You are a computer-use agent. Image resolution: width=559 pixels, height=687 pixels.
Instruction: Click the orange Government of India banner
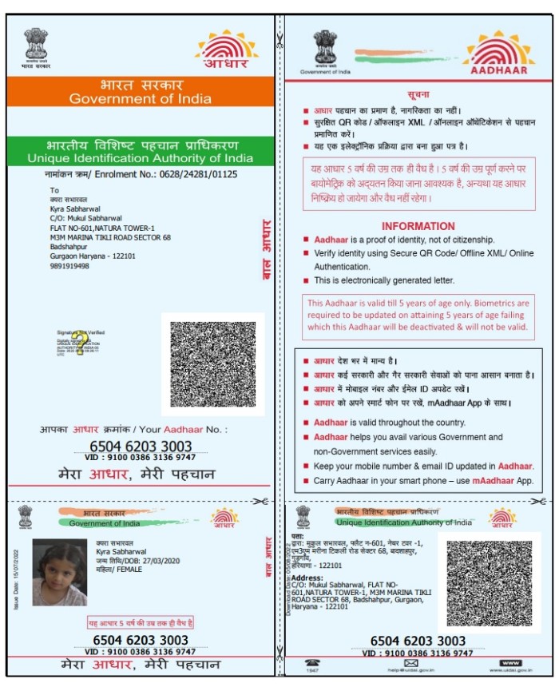tap(141, 91)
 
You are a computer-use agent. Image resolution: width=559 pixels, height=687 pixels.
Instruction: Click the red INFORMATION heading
tap(418, 226)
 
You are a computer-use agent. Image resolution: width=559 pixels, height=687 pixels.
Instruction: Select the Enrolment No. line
tap(141, 173)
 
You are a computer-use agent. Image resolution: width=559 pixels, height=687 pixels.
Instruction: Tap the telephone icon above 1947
tap(311, 664)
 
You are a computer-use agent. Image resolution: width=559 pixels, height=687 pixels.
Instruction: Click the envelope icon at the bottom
tap(411, 663)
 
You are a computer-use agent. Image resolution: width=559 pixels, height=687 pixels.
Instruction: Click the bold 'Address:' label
tap(307, 577)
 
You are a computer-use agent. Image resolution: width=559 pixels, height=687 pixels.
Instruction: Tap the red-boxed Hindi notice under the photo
tap(140, 622)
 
